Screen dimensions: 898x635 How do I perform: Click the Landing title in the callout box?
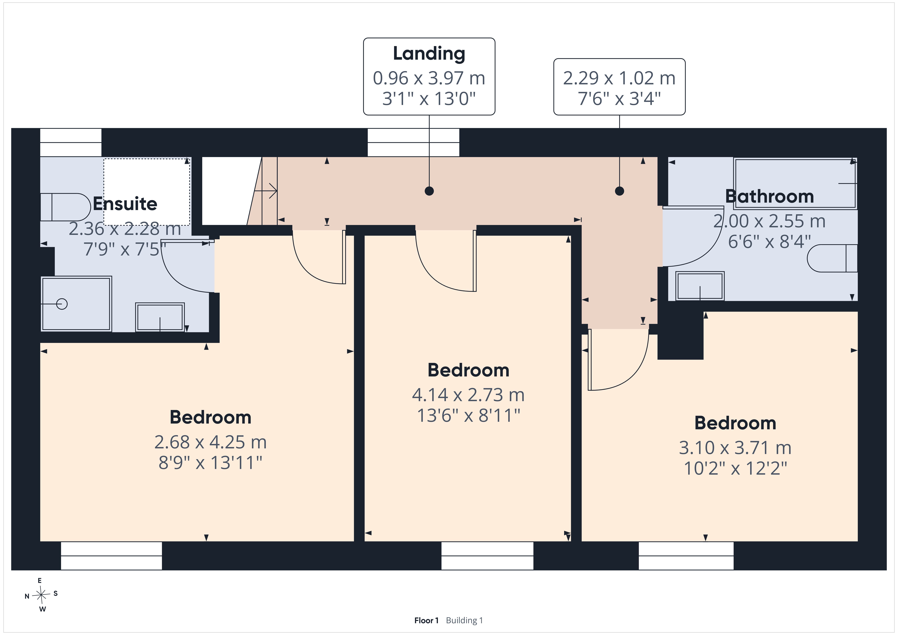pyautogui.click(x=429, y=54)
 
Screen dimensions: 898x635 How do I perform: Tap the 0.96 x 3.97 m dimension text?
pyautogui.click(x=429, y=78)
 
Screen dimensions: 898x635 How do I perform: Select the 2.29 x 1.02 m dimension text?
pyautogui.click(x=619, y=78)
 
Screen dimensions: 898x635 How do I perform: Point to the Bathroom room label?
pyautogui.click(x=769, y=196)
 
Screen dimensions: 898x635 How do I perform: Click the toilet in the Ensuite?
pyautogui.click(x=66, y=207)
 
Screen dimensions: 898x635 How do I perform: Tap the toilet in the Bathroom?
pyautogui.click(x=832, y=258)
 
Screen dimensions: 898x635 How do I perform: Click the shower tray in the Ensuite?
pyautogui.click(x=76, y=304)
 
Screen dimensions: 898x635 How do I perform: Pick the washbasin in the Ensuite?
pyautogui.click(x=160, y=317)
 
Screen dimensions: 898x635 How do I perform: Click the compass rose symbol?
pyautogui.click(x=41, y=595)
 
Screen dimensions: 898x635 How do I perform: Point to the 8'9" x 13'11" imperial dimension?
pyautogui.click(x=210, y=463)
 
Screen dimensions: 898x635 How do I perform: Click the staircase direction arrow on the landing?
pyautogui.click(x=266, y=191)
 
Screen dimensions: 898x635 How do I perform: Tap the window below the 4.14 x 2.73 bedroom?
pyautogui.click(x=487, y=556)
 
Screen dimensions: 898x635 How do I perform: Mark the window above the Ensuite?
pyautogui.click(x=71, y=142)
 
